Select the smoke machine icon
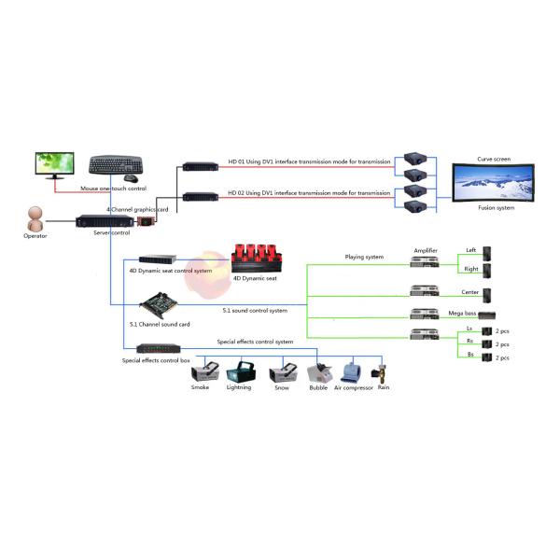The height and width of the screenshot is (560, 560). [x=201, y=373]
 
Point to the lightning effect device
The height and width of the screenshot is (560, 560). [x=239, y=371]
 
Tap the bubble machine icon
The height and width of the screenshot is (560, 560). [x=319, y=372]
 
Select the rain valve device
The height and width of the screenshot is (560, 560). [x=383, y=371]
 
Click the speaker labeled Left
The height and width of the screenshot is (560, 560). [x=485, y=255]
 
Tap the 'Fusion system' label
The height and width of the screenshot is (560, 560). [x=496, y=208]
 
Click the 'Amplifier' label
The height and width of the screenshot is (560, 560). [x=425, y=250]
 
